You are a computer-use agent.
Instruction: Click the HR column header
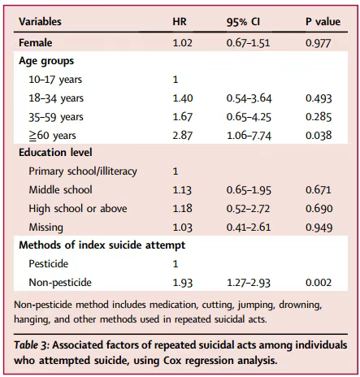180,22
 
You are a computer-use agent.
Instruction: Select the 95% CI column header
243,22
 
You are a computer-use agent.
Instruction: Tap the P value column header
323,22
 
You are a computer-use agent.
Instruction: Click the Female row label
36,43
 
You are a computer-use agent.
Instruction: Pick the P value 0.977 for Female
319,43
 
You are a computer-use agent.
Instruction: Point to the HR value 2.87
183,135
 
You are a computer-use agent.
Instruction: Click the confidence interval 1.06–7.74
249,135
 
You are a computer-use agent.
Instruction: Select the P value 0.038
319,135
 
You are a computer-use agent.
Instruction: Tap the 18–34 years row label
56,98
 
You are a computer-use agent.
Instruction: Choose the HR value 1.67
183,117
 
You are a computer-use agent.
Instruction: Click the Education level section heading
55,152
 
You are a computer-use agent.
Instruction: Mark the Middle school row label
60,189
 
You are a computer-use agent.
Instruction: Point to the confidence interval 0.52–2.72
248,208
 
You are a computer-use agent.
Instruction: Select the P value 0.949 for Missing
319,227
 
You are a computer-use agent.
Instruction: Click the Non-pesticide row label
60,283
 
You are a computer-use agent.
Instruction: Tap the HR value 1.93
183,283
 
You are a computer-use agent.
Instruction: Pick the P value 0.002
319,283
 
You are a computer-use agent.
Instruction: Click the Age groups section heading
46,61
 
